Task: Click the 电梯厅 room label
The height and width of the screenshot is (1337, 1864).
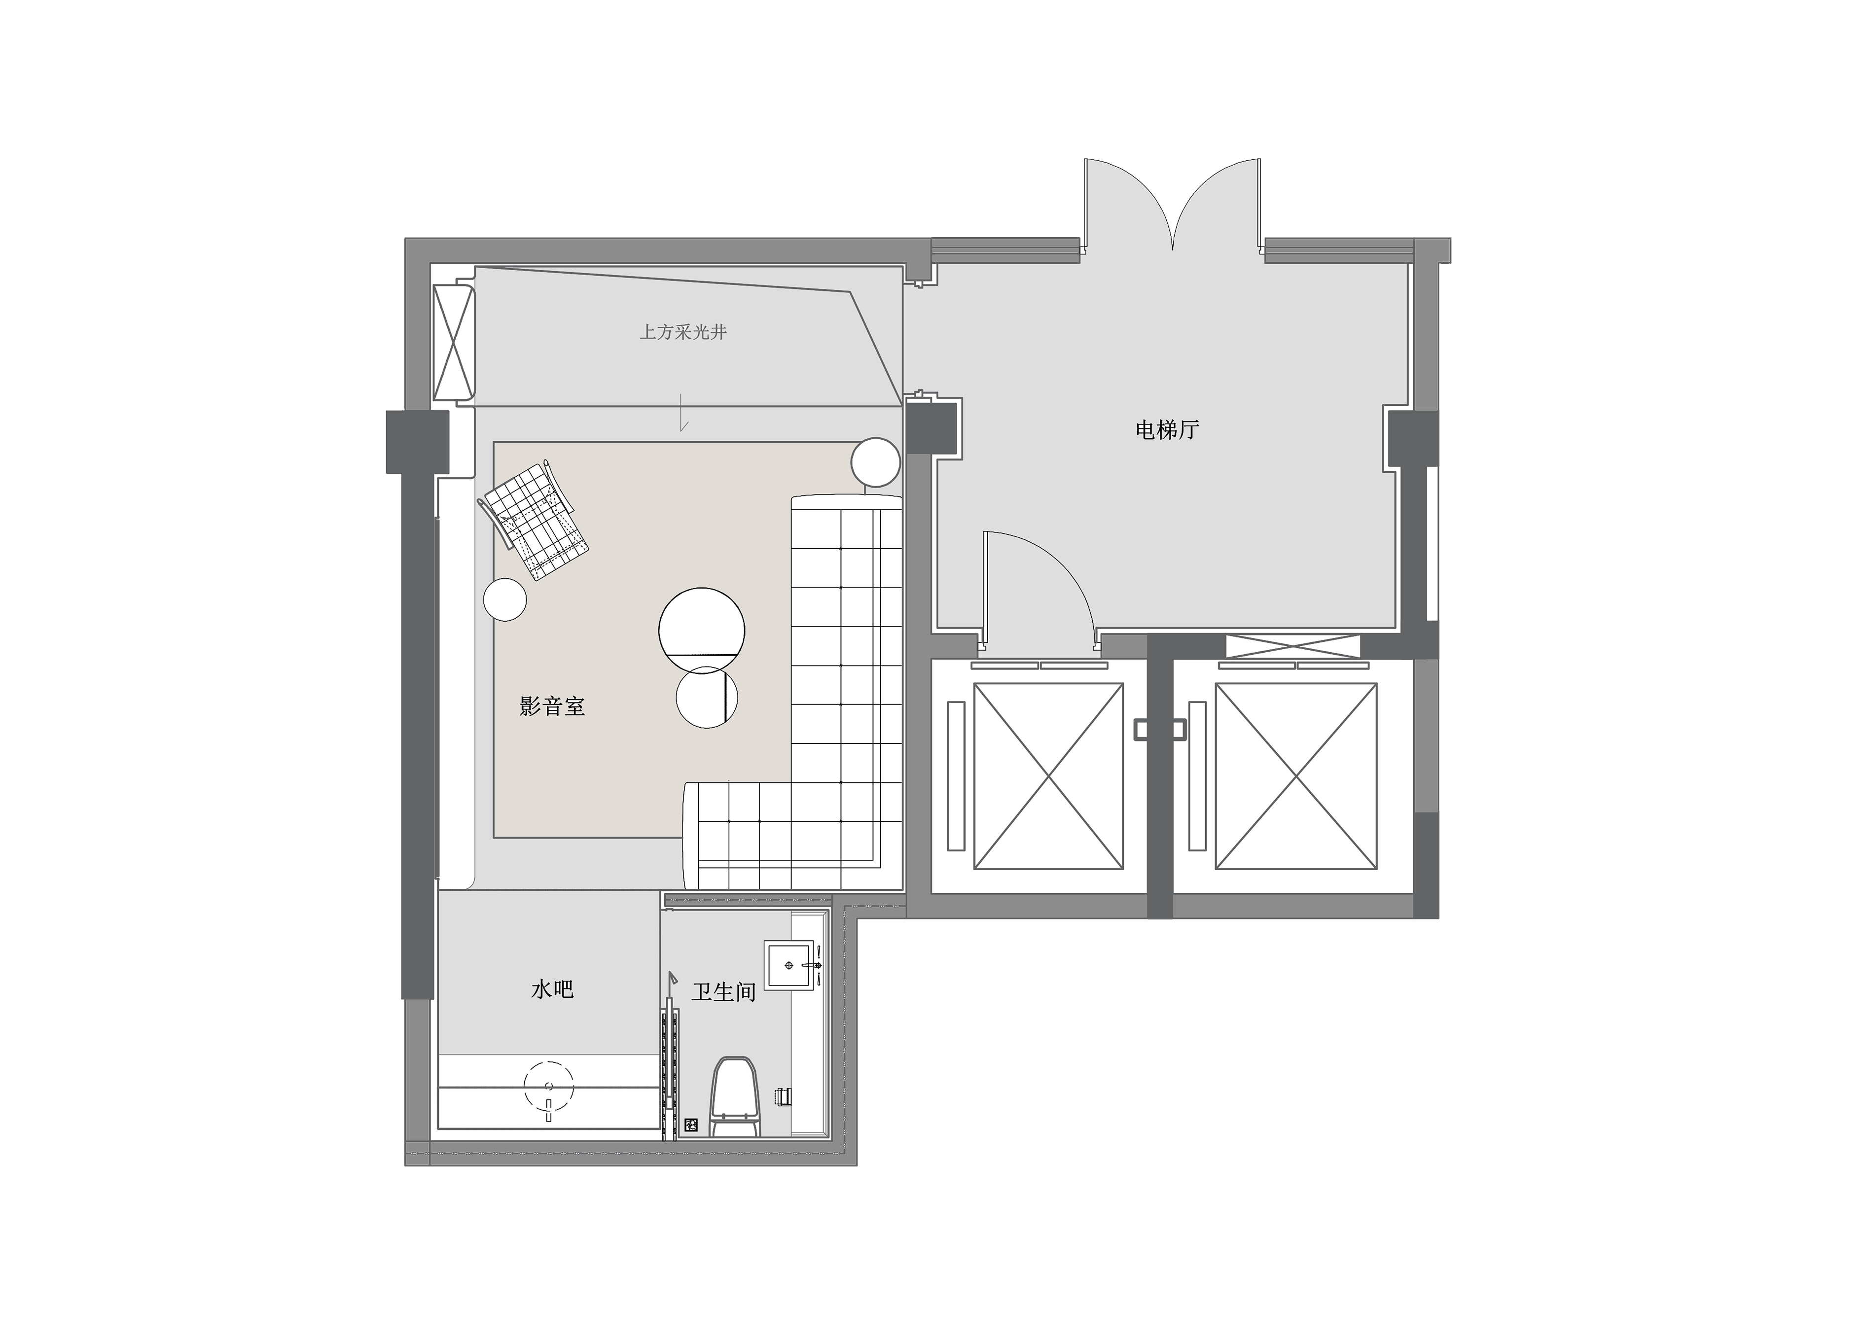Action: click(1167, 430)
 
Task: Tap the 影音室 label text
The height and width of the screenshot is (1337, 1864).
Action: click(552, 706)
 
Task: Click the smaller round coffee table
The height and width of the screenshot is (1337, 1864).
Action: click(706, 698)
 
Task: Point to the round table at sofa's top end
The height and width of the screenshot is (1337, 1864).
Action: click(875, 462)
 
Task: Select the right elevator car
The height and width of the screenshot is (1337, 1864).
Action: click(1295, 776)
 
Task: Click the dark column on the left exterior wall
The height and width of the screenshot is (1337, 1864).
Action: click(418, 442)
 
